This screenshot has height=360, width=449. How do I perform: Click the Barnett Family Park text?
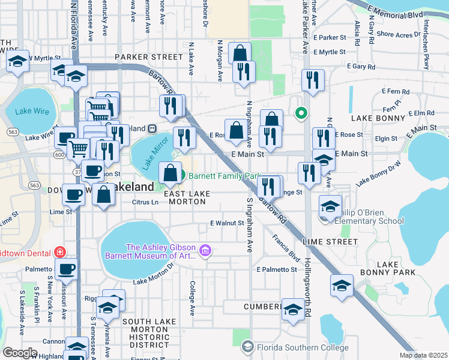pos(226,176)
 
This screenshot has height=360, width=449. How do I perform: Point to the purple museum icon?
pos(205,250)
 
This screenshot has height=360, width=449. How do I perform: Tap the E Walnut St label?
pos(227,223)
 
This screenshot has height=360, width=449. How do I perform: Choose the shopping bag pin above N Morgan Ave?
pos(240,53)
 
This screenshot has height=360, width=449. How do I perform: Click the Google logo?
pos(20,353)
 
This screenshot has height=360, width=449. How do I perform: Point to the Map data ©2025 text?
pos(423,355)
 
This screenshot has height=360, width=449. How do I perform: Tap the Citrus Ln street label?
pos(145,202)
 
